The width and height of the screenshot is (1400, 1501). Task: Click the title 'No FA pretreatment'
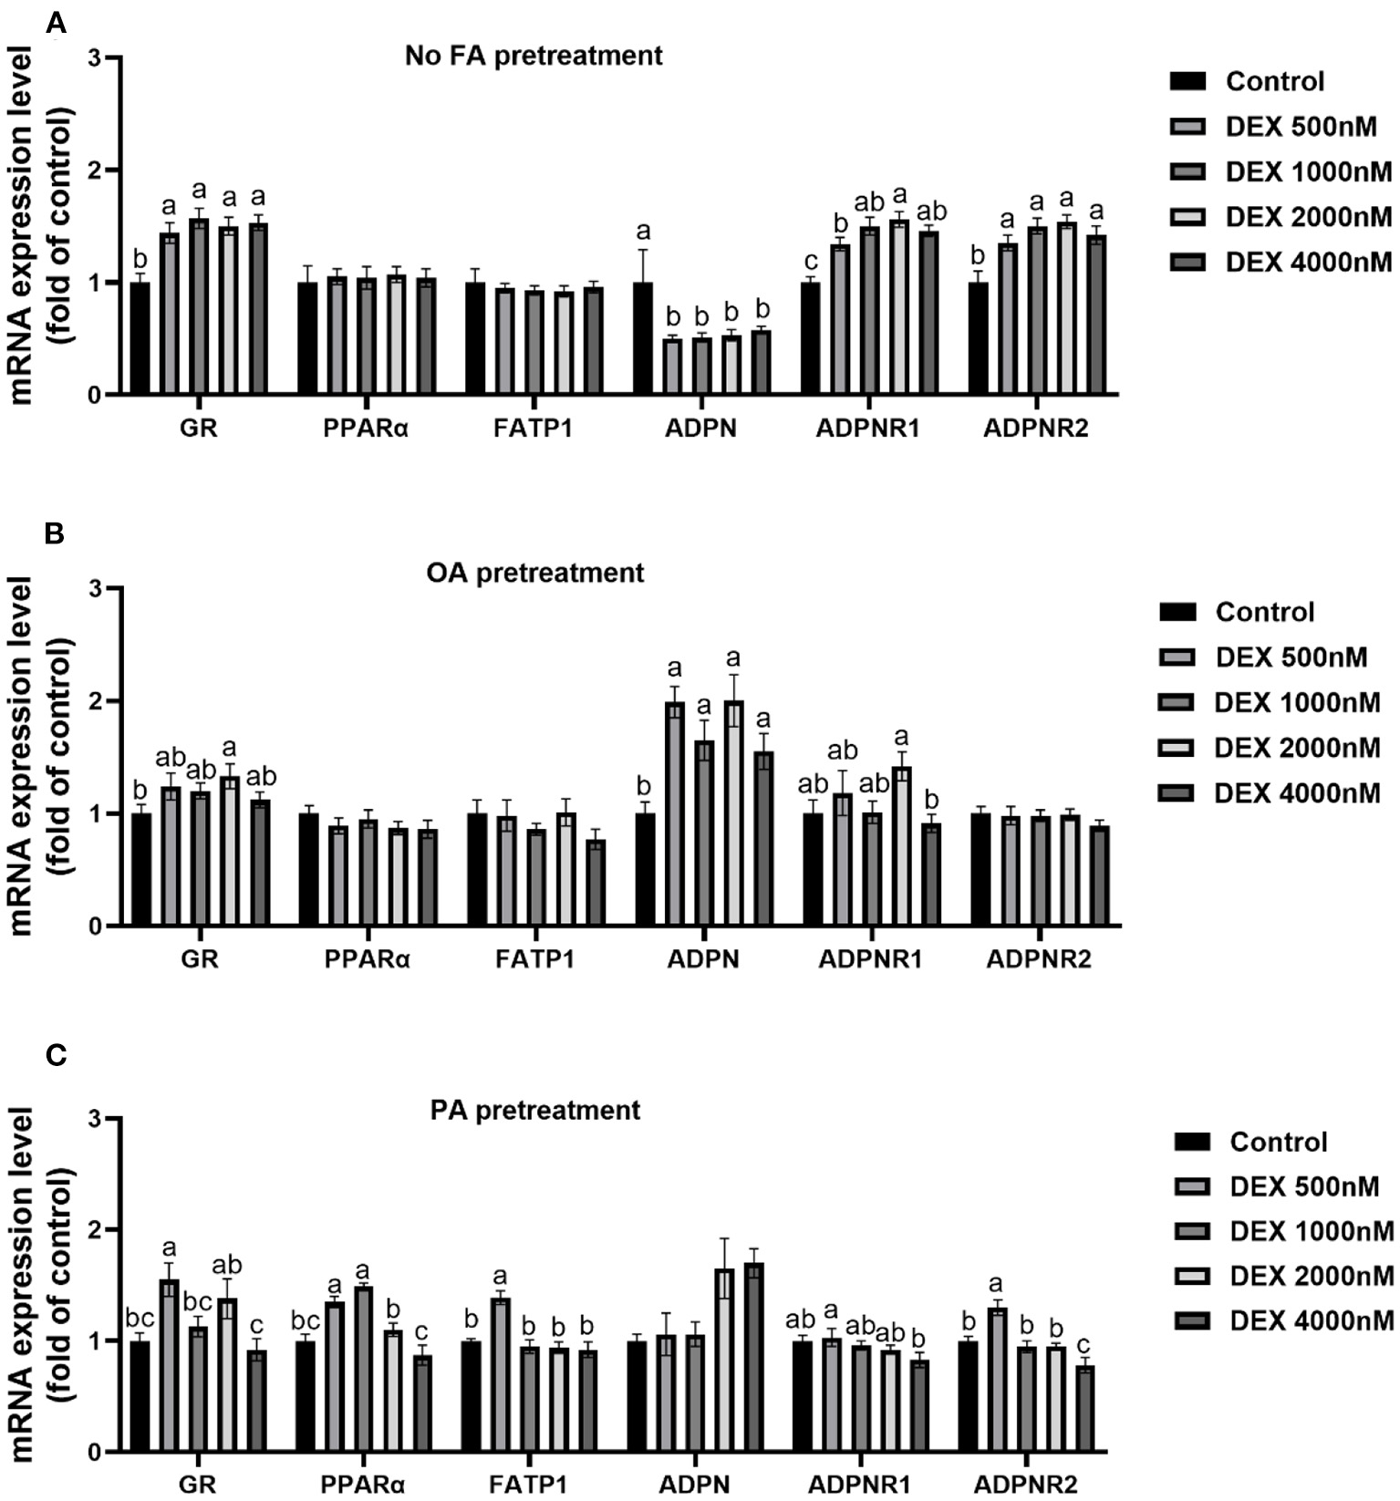coord(534,56)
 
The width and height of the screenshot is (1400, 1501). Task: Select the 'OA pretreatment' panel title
coord(535,573)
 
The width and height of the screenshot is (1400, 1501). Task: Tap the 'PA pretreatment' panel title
coord(535,1110)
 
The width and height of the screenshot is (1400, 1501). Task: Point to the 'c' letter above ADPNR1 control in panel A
coord(811,262)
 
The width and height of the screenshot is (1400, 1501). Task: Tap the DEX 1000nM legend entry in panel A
coord(1281,171)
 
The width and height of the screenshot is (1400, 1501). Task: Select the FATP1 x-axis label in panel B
coord(535,959)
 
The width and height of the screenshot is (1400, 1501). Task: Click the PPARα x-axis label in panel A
coord(365,429)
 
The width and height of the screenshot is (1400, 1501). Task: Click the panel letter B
coord(55,533)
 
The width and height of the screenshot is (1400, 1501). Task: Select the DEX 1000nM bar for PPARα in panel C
coord(364,1368)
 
